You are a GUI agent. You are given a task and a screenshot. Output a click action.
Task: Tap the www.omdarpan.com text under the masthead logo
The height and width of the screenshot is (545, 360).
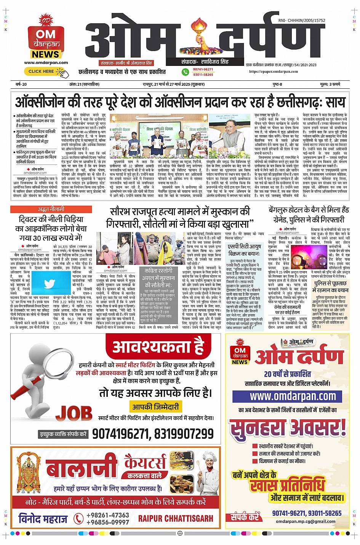(x=46, y=62)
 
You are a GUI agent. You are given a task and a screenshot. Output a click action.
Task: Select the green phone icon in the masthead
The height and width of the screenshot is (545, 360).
(x=186, y=72)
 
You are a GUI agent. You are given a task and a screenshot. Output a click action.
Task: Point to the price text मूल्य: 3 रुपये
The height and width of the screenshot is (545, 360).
(x=330, y=84)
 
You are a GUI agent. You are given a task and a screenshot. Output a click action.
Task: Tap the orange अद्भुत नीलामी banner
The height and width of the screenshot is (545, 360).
(x=51, y=209)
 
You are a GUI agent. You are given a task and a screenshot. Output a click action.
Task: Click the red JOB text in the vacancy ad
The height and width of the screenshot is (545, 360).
(x=74, y=413)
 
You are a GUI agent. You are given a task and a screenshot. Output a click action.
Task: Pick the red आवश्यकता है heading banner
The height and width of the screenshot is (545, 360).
(x=158, y=347)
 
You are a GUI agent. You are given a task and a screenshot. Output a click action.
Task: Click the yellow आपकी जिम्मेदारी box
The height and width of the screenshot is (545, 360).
(x=155, y=407)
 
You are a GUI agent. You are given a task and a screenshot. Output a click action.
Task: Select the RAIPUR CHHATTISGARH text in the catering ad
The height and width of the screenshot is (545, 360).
(x=176, y=518)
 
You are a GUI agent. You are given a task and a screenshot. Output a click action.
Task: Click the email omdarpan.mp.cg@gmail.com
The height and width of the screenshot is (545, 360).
(x=306, y=521)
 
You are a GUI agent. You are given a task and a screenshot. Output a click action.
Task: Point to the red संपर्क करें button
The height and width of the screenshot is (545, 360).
(x=245, y=516)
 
